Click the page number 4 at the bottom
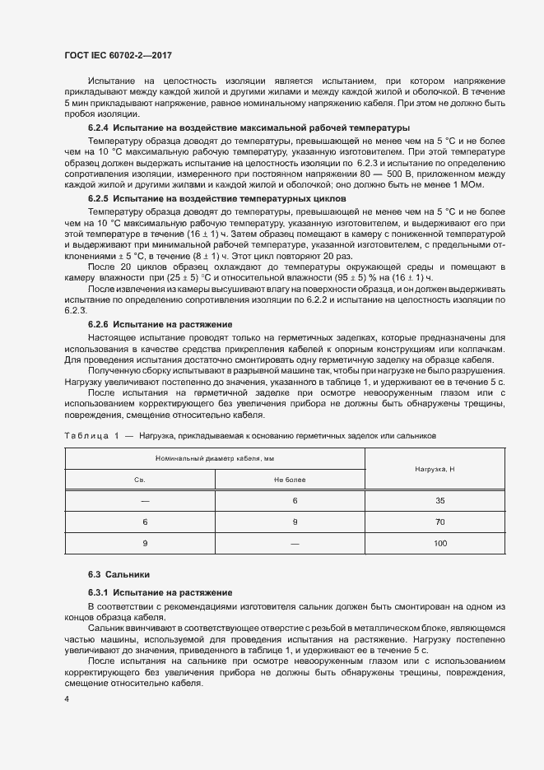tap(66, 699)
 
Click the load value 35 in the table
tap(440, 500)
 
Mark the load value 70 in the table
tap(440, 522)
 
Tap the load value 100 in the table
tap(440, 544)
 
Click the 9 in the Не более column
tap(294, 522)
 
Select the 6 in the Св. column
tap(145, 522)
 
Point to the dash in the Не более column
tap(294, 544)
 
